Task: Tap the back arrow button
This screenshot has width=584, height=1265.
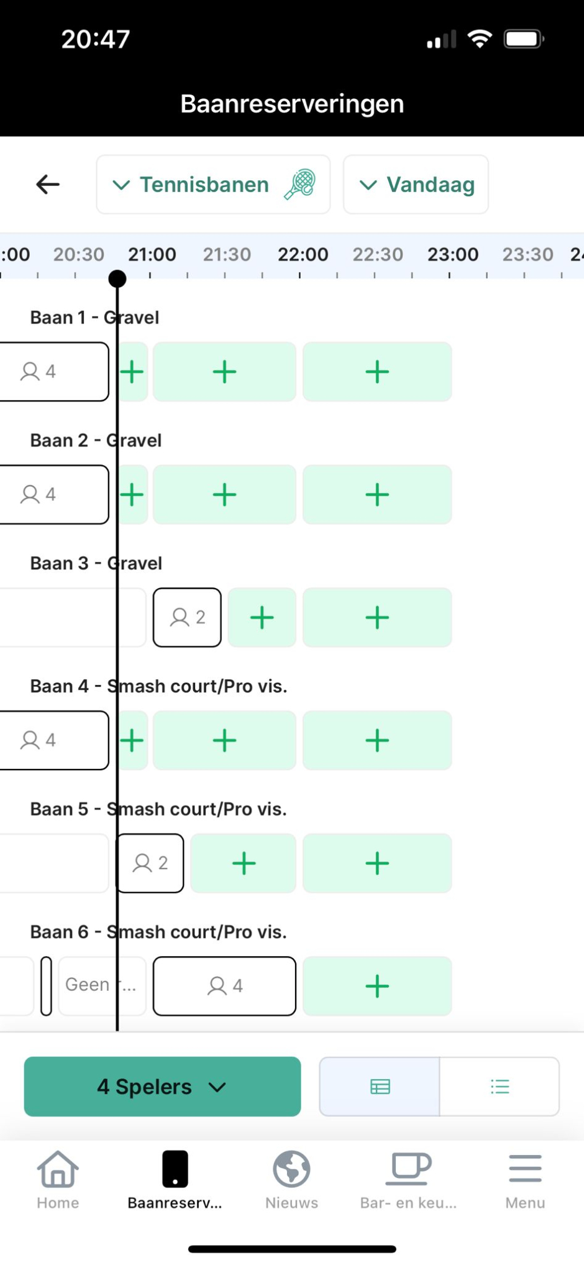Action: pos(48,185)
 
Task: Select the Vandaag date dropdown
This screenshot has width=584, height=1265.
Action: pos(416,185)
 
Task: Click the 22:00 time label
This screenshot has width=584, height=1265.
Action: pos(303,254)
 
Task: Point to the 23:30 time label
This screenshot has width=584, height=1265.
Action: pos(527,254)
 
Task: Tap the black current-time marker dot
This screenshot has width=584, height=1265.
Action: pos(117,278)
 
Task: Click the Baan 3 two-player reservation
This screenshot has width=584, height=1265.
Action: pos(187,617)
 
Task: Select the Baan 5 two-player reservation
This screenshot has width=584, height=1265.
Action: pos(150,863)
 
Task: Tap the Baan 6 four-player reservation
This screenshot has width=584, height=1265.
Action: pos(224,986)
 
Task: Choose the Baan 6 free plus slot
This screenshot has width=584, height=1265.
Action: pos(377,986)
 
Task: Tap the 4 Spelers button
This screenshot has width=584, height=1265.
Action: pos(162,1087)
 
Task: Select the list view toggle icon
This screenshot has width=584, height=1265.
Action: pos(500,1087)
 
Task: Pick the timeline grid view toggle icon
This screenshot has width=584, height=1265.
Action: pos(380,1087)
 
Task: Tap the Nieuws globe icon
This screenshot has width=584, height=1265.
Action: pos(291,1169)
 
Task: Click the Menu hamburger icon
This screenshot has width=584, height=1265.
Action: pos(525,1169)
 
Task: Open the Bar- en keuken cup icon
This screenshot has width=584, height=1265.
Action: pos(408,1169)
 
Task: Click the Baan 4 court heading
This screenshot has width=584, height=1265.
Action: pos(158,686)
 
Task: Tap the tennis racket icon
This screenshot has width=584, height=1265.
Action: pos(300,185)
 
